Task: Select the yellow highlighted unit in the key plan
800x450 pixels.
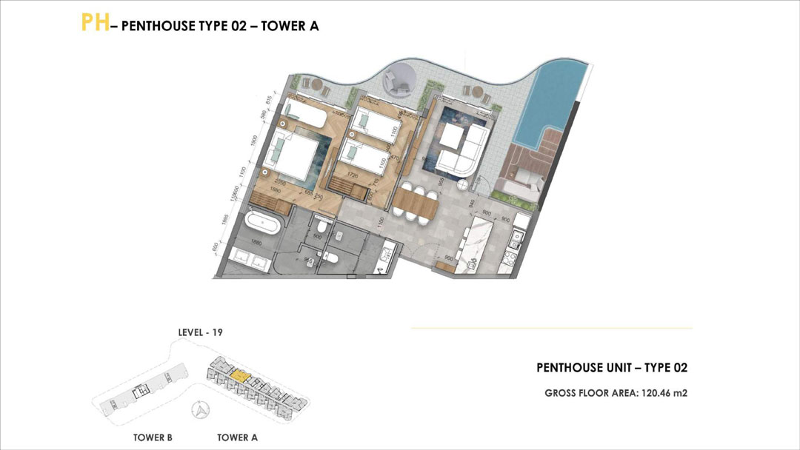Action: coord(239,376)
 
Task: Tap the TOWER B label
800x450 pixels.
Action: coord(153,437)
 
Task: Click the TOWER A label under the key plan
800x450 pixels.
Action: coord(237,437)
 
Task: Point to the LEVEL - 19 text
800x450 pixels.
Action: coord(200,332)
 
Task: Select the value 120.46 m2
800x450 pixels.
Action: coord(664,394)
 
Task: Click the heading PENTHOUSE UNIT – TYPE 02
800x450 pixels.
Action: coord(612,368)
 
